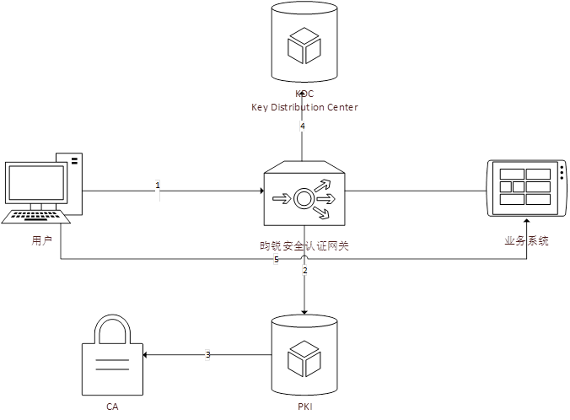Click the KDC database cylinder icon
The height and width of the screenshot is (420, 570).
pos(304,44)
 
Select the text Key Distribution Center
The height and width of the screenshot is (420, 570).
pos(304,107)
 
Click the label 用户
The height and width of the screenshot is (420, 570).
pos(42,241)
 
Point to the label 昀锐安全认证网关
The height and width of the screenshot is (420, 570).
pos(304,246)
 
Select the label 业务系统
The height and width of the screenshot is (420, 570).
pos(526,241)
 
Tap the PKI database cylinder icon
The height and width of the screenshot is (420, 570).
pos(304,356)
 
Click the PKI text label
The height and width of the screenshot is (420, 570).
pos(304,407)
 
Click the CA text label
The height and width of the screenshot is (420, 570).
pos(112,407)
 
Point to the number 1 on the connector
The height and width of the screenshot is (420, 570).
pos(157,184)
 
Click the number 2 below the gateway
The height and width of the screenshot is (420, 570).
pos(304,271)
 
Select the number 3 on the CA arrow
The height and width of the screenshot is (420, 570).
pos(208,355)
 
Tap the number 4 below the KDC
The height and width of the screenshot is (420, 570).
pos(302,127)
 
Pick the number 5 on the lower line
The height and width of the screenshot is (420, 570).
pos(276,260)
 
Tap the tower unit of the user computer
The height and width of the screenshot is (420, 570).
pos(71,180)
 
